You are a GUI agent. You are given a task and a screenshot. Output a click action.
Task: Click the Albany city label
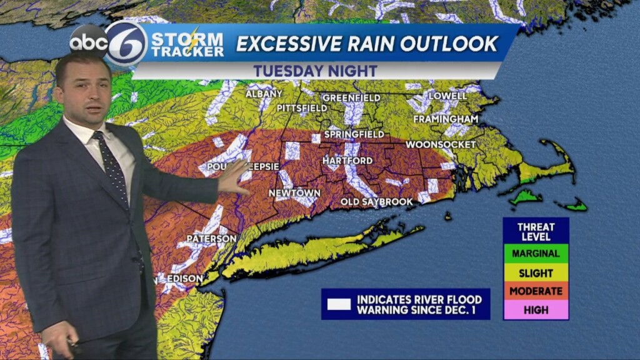pyautogui.click(x=260, y=94)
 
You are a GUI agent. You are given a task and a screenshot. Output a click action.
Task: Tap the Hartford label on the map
pyautogui.click(x=347, y=161)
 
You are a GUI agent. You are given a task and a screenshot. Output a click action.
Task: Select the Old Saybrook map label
pyautogui.click(x=377, y=202)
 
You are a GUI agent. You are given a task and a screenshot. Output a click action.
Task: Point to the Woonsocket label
pyautogui.click(x=441, y=144)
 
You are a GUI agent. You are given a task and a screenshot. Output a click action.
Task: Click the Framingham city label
pyautogui.click(x=446, y=119)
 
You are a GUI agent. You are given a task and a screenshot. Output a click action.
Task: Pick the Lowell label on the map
pyautogui.click(x=448, y=96)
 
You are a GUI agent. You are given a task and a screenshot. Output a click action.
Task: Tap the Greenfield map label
pyautogui.click(x=351, y=98)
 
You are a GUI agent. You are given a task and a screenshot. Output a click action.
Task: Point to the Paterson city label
pyautogui.click(x=212, y=239)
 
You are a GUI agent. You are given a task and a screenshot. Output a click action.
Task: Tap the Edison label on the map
pyautogui.click(x=185, y=279)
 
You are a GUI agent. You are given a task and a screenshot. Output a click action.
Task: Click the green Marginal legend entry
pyautogui.click(x=536, y=254)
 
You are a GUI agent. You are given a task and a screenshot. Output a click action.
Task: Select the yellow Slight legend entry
pyautogui.click(x=536, y=273)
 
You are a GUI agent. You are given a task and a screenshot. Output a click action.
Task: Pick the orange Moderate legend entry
pyautogui.click(x=536, y=291)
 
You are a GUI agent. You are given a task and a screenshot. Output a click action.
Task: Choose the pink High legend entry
pyautogui.click(x=536, y=310)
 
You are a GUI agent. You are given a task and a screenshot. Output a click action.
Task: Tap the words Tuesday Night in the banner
pyautogui.click(x=315, y=71)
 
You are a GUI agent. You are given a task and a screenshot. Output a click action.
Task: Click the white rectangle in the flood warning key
pyautogui.click(x=339, y=304)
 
